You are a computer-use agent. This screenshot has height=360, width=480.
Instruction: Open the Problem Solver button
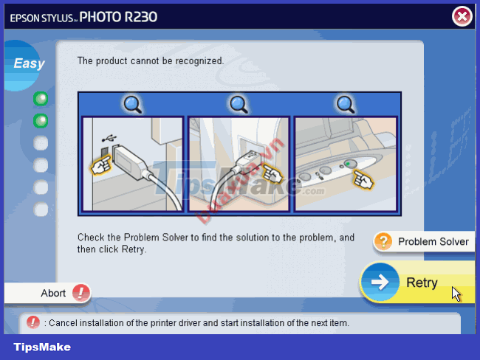[x=432, y=241]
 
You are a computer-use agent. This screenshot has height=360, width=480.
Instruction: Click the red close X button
[x=462, y=16]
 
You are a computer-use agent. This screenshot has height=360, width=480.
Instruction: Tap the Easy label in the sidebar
[x=29, y=63]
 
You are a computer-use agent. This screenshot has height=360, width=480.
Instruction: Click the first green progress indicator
[x=41, y=98]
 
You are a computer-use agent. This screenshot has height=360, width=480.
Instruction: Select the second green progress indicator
[x=41, y=120]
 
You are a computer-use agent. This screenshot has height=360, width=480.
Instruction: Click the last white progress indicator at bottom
[x=41, y=210]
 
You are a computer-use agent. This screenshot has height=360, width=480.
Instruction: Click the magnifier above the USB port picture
[x=131, y=104]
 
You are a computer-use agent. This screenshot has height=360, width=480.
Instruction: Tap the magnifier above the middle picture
[x=239, y=104]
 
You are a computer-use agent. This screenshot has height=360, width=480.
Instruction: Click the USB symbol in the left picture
[x=109, y=137]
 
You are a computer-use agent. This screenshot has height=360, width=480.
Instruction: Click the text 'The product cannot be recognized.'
[x=150, y=61]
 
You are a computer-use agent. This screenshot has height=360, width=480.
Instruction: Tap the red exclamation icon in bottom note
[x=33, y=322]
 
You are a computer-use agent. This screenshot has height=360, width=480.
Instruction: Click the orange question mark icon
[x=383, y=241]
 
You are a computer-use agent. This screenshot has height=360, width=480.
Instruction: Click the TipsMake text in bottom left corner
[x=42, y=347]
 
